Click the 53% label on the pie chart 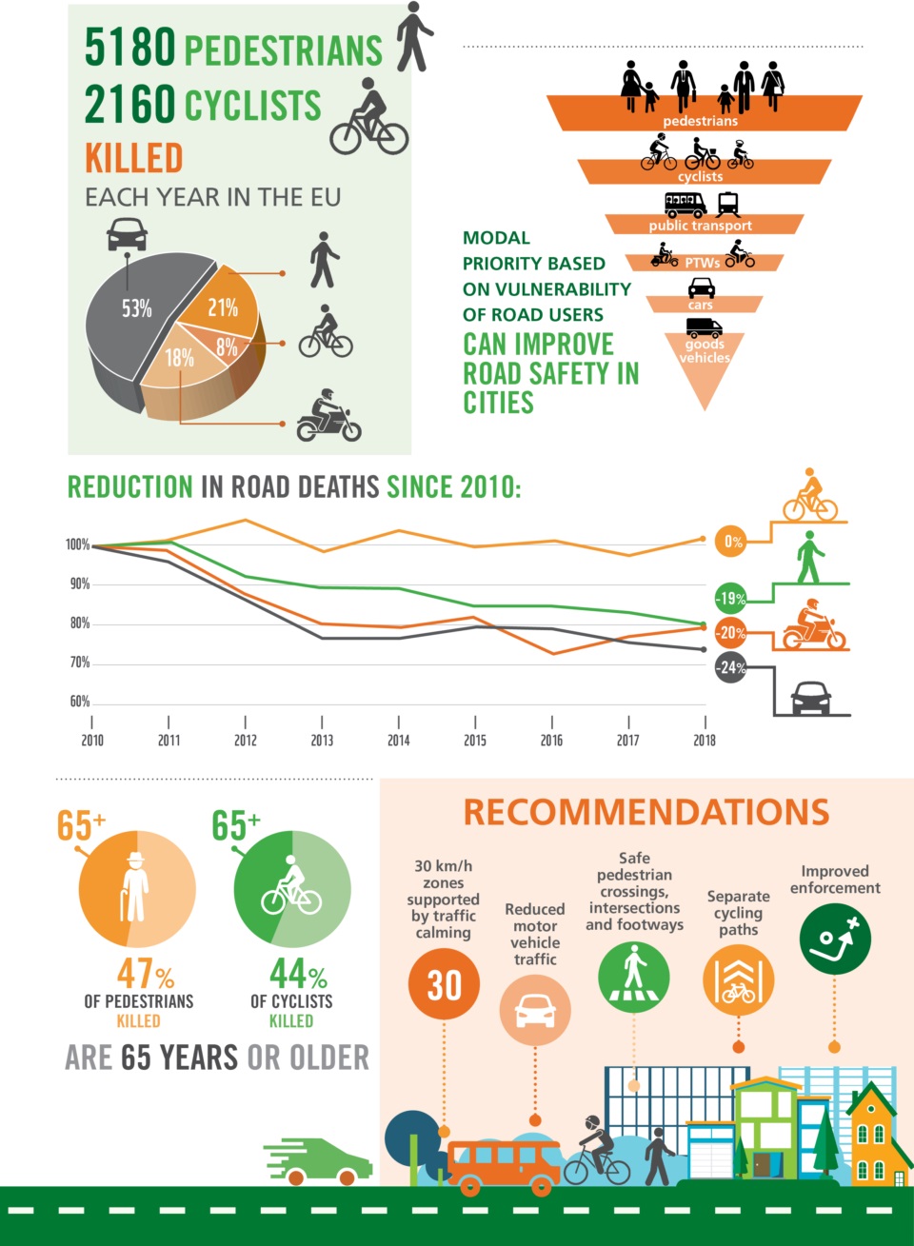tap(136, 308)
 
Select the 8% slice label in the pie tap(227, 347)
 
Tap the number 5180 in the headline tap(130, 48)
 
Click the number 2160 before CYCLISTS tap(130, 105)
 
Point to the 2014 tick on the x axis tap(398, 740)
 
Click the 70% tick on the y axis tap(79, 663)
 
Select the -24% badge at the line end tap(730, 667)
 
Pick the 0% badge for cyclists tap(732, 542)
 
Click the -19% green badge tap(730, 598)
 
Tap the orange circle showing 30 tap(444, 984)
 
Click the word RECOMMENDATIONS tap(646, 813)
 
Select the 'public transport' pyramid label tap(700, 226)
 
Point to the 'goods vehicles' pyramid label tap(705, 351)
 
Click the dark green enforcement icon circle tap(835, 939)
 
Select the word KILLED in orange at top tap(133, 158)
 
